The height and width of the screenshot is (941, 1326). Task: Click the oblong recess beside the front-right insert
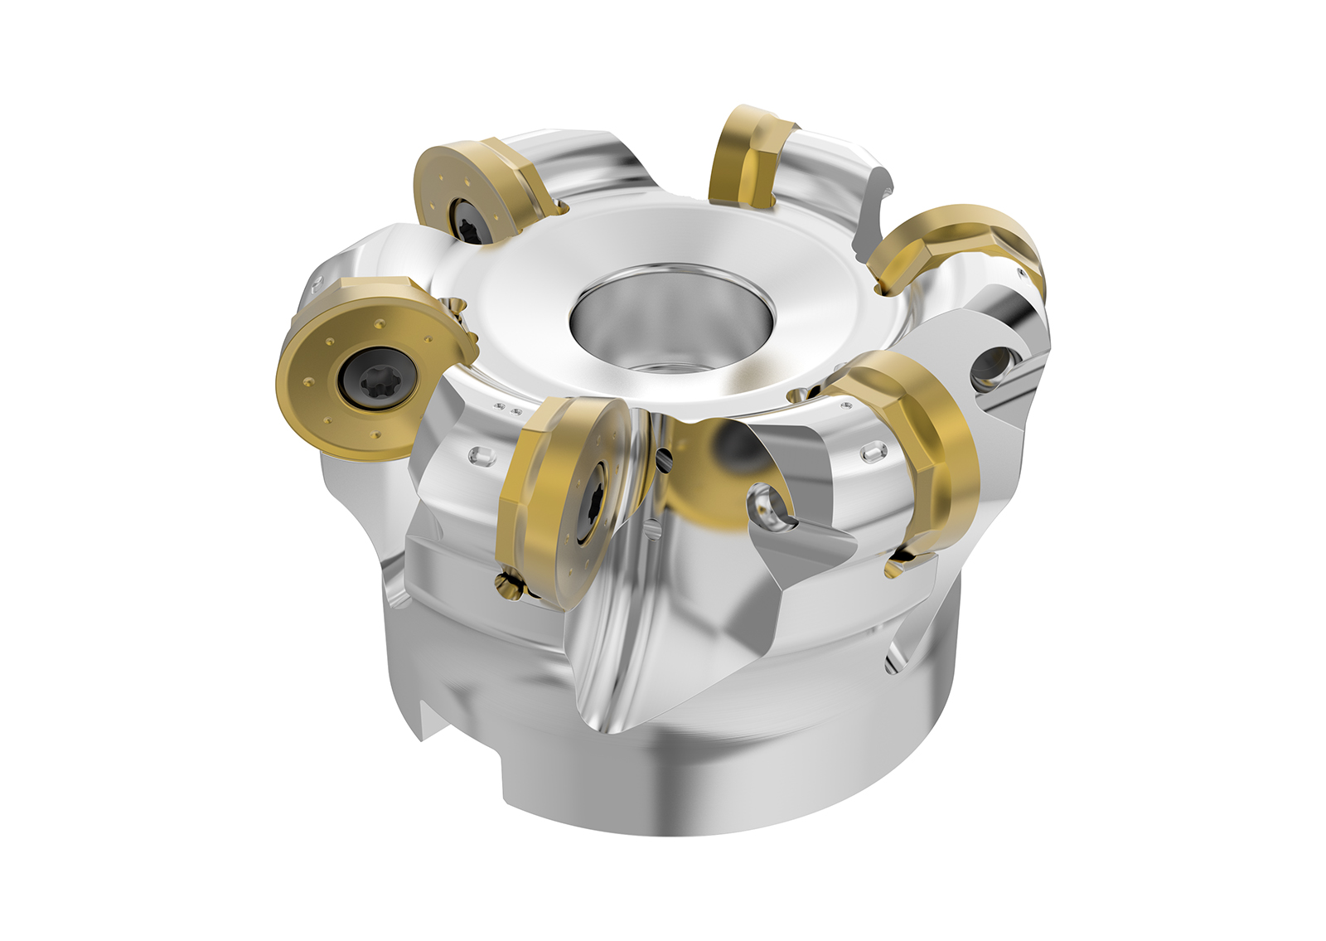873,453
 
